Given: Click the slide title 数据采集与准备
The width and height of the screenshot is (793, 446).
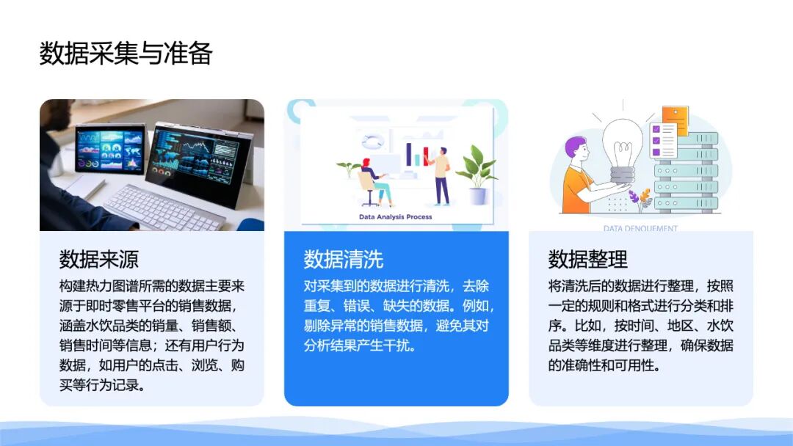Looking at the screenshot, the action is coord(126,53).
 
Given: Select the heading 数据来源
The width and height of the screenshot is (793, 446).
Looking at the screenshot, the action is coord(98,259).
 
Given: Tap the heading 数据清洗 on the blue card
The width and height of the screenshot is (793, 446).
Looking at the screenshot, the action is coord(344,259).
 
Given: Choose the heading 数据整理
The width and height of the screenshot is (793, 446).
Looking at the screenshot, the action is coord(587,259).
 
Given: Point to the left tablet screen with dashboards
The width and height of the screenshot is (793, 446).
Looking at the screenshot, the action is coord(110,150).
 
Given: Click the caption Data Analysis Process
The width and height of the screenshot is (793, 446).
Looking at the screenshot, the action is coord(396,216).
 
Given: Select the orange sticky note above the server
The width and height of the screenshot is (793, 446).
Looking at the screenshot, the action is coord(676,120).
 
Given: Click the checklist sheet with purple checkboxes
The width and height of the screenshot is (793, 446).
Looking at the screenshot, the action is coord(662,139).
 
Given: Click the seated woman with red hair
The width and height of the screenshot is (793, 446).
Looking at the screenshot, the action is coord(374,182).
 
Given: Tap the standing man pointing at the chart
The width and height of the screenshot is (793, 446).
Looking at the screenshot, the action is coord(441,176).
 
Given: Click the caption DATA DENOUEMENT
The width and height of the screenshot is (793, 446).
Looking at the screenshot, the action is coord(640,228).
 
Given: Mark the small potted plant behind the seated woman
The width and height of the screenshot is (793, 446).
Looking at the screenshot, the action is coord(349,169).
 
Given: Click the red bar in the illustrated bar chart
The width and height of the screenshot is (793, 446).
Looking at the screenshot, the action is coord(426,156).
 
